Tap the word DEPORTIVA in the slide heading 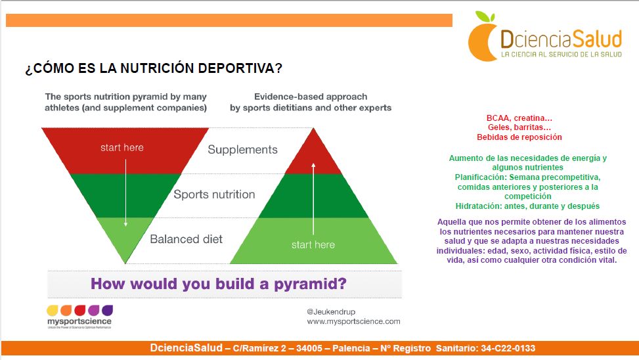click(240, 68)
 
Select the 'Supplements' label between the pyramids click(242, 150)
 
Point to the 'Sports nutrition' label click(214, 194)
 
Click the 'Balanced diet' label click(187, 239)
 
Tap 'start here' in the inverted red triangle click(122, 148)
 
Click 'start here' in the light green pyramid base click(313, 244)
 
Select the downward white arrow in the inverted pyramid click(125, 193)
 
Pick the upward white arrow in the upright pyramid click(313, 199)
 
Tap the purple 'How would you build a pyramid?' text click(219, 284)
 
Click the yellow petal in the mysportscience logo click(53, 311)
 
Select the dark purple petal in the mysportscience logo click(107, 310)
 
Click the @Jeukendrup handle click(331, 312)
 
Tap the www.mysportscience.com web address click(354, 321)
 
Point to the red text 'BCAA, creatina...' click(519, 118)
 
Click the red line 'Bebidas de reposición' click(519, 137)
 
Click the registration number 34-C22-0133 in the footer click(508, 349)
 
